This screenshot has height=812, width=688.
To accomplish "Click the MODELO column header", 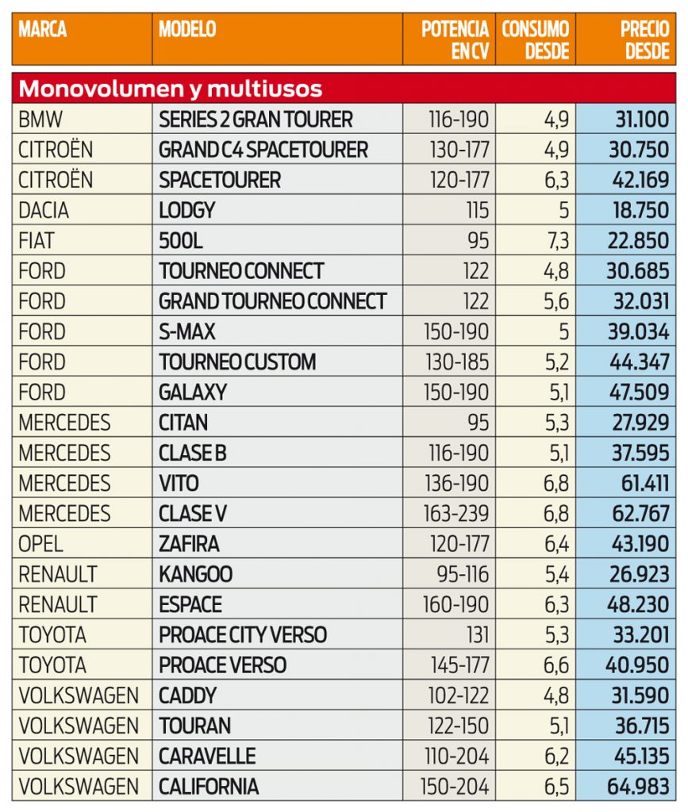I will click(187, 30).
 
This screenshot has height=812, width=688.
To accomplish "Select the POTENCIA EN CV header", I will click(455, 40).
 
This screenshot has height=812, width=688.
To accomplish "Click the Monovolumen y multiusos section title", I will click(171, 87).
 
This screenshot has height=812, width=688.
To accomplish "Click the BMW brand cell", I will click(40, 120).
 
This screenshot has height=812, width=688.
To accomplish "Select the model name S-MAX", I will click(187, 331).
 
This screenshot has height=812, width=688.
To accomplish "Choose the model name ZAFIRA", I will click(189, 544).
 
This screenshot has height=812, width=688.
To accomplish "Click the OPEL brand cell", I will click(40, 544).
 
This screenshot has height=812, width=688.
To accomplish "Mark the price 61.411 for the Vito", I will click(641, 483).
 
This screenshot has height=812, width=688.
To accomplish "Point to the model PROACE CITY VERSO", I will click(243, 635).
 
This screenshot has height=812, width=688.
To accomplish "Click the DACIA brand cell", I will click(44, 211).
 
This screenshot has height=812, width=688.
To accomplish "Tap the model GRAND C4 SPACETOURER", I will click(263, 150).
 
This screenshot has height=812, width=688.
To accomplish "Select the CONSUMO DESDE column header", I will click(536, 40).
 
